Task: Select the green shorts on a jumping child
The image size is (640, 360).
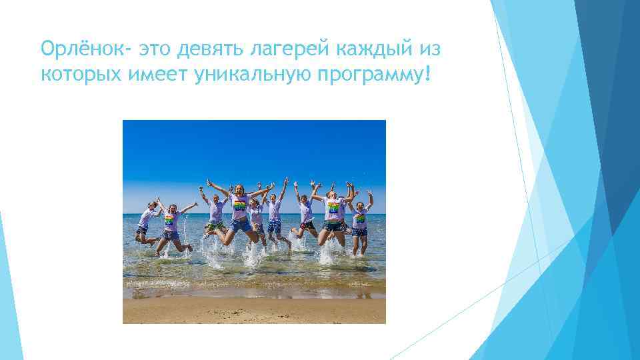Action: (x=215, y=225)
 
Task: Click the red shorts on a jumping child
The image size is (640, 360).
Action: (x=307, y=225)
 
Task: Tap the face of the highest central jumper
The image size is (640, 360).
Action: (x=239, y=191)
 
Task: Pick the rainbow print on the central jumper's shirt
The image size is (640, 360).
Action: (x=239, y=205)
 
